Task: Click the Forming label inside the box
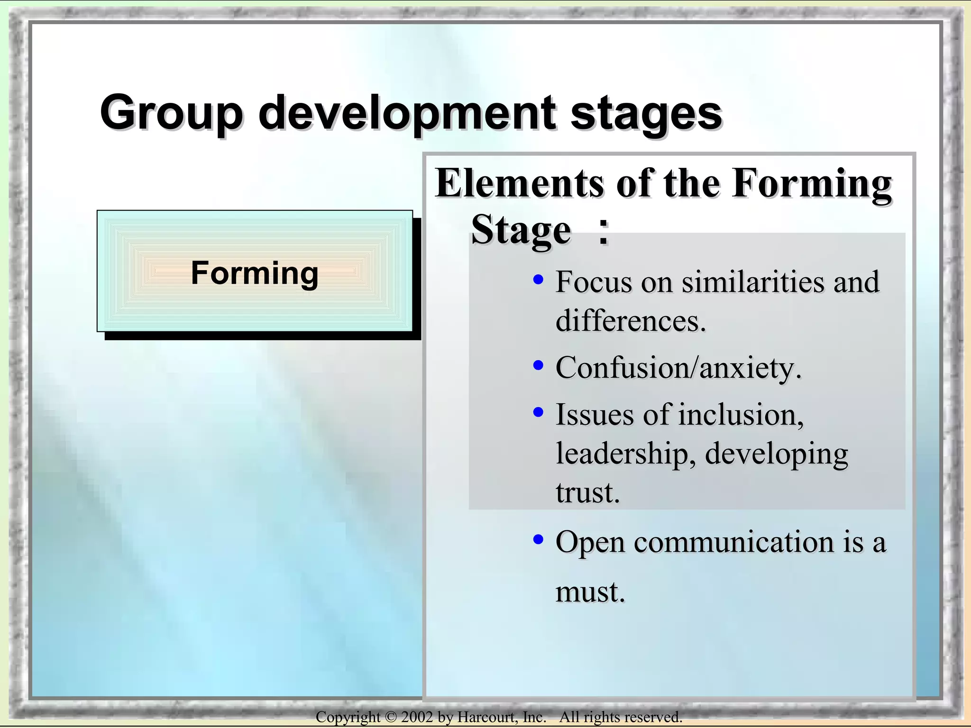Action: (x=255, y=273)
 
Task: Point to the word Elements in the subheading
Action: (x=519, y=183)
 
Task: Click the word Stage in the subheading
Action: (x=521, y=230)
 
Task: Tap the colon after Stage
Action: (x=603, y=232)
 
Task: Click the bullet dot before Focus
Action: (x=538, y=280)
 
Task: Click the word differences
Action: (x=631, y=321)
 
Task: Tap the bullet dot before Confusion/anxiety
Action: (x=538, y=365)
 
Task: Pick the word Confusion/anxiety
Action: (x=678, y=368)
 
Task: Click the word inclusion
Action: (x=741, y=415)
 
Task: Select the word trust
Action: (x=587, y=493)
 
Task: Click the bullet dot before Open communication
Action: (x=538, y=539)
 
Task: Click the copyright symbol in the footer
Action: (x=390, y=717)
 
